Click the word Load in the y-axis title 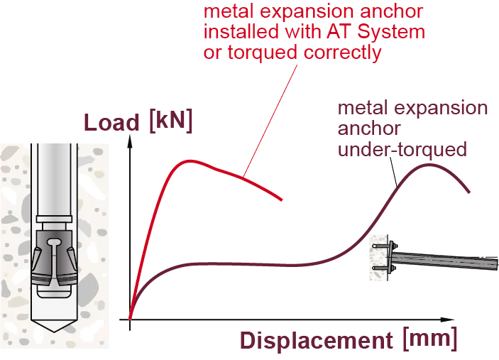tap(111, 123)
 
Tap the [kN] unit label tap(171, 121)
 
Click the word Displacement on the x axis tap(317, 340)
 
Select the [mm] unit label tap(430, 339)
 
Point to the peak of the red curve tap(190, 161)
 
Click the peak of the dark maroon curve tap(429, 165)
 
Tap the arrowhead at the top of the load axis tap(130, 141)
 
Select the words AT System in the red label tap(375, 32)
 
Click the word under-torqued tap(402, 150)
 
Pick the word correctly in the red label tap(342, 53)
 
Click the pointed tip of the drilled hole tap(54, 332)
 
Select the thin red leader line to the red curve tap(270, 121)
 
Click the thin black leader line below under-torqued tap(394, 172)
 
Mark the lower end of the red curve tap(282, 200)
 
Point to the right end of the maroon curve tap(469, 192)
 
